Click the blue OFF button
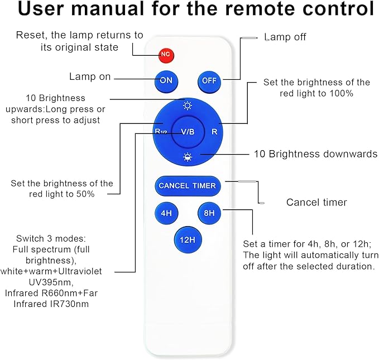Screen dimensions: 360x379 209,80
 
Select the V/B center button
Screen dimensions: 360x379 188,132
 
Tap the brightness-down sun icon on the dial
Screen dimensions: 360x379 188,157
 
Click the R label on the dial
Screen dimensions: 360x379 214,132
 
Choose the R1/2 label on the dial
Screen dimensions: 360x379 161,132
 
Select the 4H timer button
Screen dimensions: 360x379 166,213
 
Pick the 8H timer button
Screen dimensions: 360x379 209,213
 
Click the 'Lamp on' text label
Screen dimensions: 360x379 90,77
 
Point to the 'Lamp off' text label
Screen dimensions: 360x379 285,37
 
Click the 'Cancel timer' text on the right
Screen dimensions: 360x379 316,202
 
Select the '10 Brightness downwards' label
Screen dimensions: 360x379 315,154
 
